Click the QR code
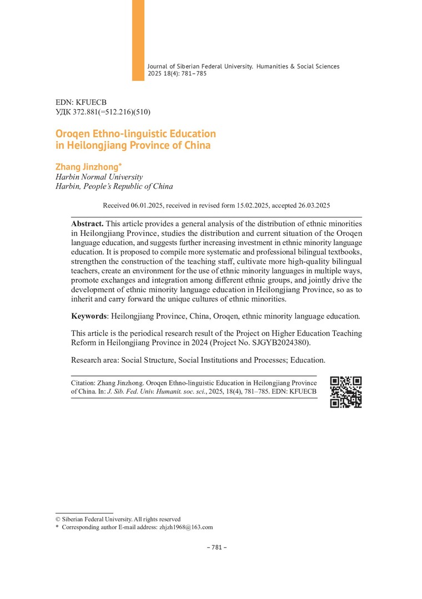point(346,392)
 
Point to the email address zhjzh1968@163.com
point(186,527)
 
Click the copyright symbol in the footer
point(58,519)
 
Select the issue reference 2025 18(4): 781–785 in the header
point(177,73)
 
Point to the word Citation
point(83,383)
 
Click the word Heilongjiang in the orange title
point(97,146)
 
